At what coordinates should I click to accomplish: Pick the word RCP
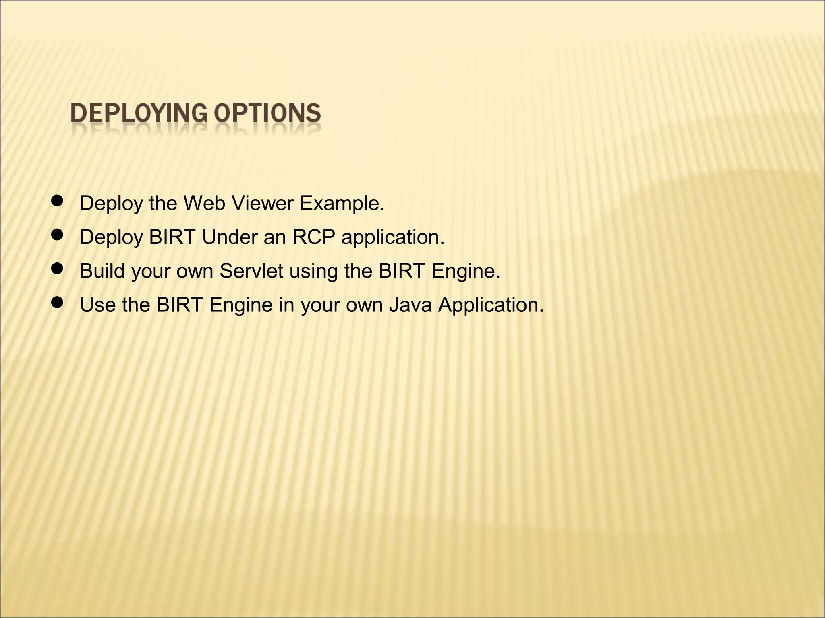[x=313, y=237]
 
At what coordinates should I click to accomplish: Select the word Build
[x=102, y=271]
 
